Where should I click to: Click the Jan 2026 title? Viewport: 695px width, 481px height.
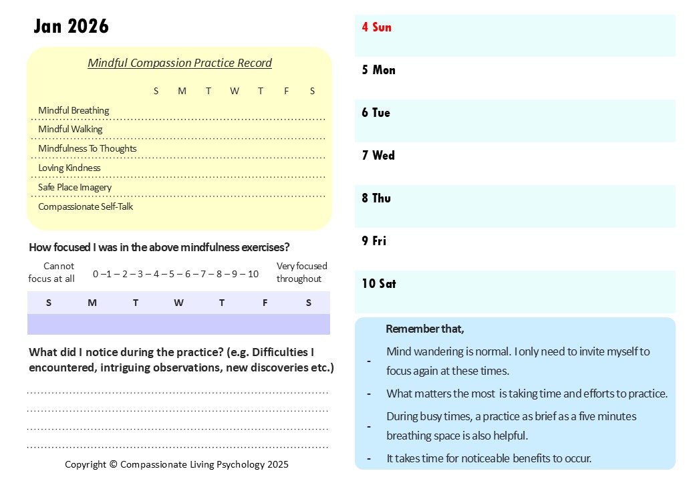coord(71,26)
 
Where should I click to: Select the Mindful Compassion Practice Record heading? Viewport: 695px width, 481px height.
coord(180,63)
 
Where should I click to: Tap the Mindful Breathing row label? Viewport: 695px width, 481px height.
coord(74,110)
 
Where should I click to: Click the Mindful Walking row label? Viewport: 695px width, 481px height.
coord(70,129)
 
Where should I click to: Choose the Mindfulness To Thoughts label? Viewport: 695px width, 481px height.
coord(87,148)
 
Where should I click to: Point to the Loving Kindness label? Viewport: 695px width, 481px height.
coord(69,168)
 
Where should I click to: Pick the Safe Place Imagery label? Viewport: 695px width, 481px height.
coord(75,187)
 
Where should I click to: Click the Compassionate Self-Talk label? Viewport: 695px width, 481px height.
coord(86,206)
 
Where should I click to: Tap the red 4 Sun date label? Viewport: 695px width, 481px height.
coord(376,27)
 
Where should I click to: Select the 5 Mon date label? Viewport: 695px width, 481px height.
coord(378,70)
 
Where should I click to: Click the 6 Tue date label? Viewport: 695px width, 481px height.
coord(376,113)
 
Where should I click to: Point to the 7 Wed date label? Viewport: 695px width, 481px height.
coord(378,156)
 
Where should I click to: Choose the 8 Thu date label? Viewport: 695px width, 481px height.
coord(376,198)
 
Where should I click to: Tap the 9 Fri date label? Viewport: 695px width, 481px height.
coord(374,241)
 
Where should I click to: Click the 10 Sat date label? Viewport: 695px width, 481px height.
coord(379,284)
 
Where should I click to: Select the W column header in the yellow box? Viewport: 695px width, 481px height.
coord(234,91)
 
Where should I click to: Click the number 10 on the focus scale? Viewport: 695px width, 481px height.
coord(253,274)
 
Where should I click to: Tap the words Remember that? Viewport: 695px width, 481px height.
coord(425,329)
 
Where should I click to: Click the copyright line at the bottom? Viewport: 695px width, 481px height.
coord(176,464)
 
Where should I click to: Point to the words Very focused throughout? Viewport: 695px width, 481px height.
coord(301,273)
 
